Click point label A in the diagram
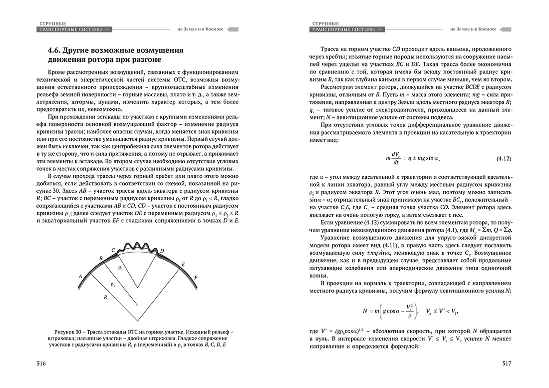pyautogui.click(x=80, y=276)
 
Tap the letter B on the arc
pyautogui.click(x=101, y=258)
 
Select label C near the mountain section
pyautogui.click(x=113, y=249)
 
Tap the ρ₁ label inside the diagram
pyautogui.click(x=120, y=268)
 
